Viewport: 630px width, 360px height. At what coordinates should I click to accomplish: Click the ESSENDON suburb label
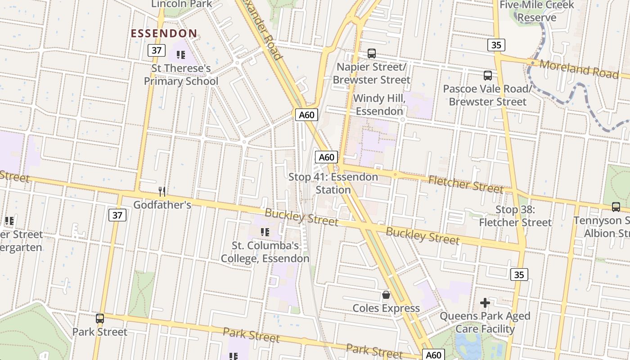click(x=164, y=33)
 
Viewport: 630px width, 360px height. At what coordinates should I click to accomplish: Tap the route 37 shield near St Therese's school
click(x=157, y=50)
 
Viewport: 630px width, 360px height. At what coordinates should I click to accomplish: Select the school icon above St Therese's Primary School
click(x=181, y=55)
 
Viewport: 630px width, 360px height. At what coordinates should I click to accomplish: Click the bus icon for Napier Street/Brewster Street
click(x=372, y=54)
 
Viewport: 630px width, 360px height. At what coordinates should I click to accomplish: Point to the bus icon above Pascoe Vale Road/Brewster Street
click(x=488, y=75)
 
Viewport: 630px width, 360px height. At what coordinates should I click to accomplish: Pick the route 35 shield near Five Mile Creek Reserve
click(x=496, y=45)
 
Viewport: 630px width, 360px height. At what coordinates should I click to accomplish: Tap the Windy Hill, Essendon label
click(x=379, y=105)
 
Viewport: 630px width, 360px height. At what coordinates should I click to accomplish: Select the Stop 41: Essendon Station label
click(x=333, y=183)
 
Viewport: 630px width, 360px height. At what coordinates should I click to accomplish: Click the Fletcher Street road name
click(x=465, y=184)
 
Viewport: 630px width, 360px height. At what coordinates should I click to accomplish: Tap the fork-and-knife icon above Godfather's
click(x=162, y=192)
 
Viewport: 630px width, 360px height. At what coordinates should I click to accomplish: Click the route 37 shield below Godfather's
click(x=117, y=215)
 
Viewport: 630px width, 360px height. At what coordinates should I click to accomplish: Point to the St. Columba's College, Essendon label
click(x=265, y=252)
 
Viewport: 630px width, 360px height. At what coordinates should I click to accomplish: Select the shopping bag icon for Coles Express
click(x=386, y=295)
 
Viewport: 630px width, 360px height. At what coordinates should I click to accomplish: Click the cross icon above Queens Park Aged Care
click(x=485, y=303)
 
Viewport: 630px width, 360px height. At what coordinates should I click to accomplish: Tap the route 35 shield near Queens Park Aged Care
click(x=519, y=274)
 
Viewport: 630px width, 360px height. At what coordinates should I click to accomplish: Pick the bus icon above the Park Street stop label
click(x=100, y=319)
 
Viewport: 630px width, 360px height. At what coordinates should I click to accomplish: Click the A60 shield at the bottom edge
click(x=433, y=355)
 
